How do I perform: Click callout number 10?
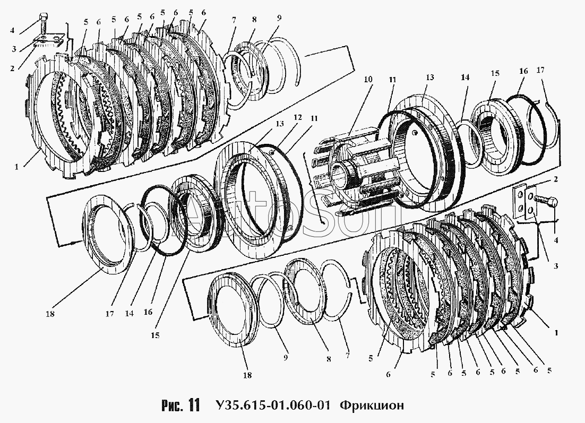click(x=368, y=80)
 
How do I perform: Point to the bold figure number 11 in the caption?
click(x=193, y=406)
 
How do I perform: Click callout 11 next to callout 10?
click(x=391, y=80)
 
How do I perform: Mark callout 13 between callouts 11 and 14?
click(x=429, y=77)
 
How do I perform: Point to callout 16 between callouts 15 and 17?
click(x=523, y=70)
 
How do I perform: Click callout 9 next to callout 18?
click(x=285, y=358)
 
